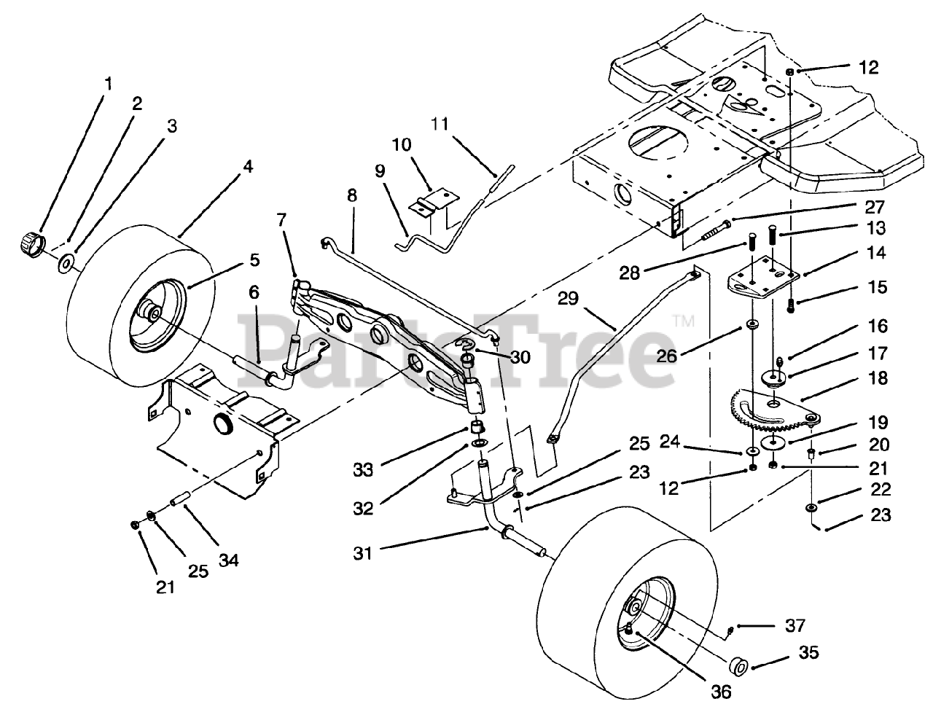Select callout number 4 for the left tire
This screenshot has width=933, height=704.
click(248, 167)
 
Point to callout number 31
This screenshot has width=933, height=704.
click(363, 554)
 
